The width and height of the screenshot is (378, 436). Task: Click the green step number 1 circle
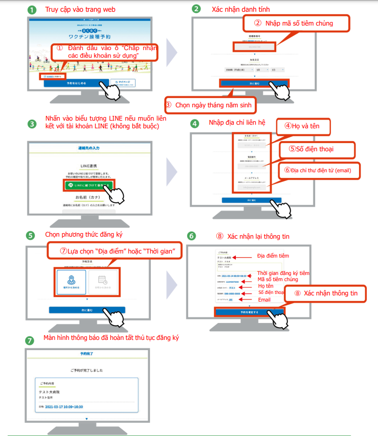pyautogui.click(x=32, y=10)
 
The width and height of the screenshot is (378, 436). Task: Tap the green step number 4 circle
pyautogui.click(x=195, y=124)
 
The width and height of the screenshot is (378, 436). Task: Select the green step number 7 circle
pyautogui.click(x=31, y=339)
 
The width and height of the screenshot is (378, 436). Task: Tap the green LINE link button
pyautogui.click(x=89, y=185)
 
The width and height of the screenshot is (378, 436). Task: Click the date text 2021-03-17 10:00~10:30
pyautogui.click(x=64, y=407)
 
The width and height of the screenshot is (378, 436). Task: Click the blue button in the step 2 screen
pyautogui.click(x=254, y=83)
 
